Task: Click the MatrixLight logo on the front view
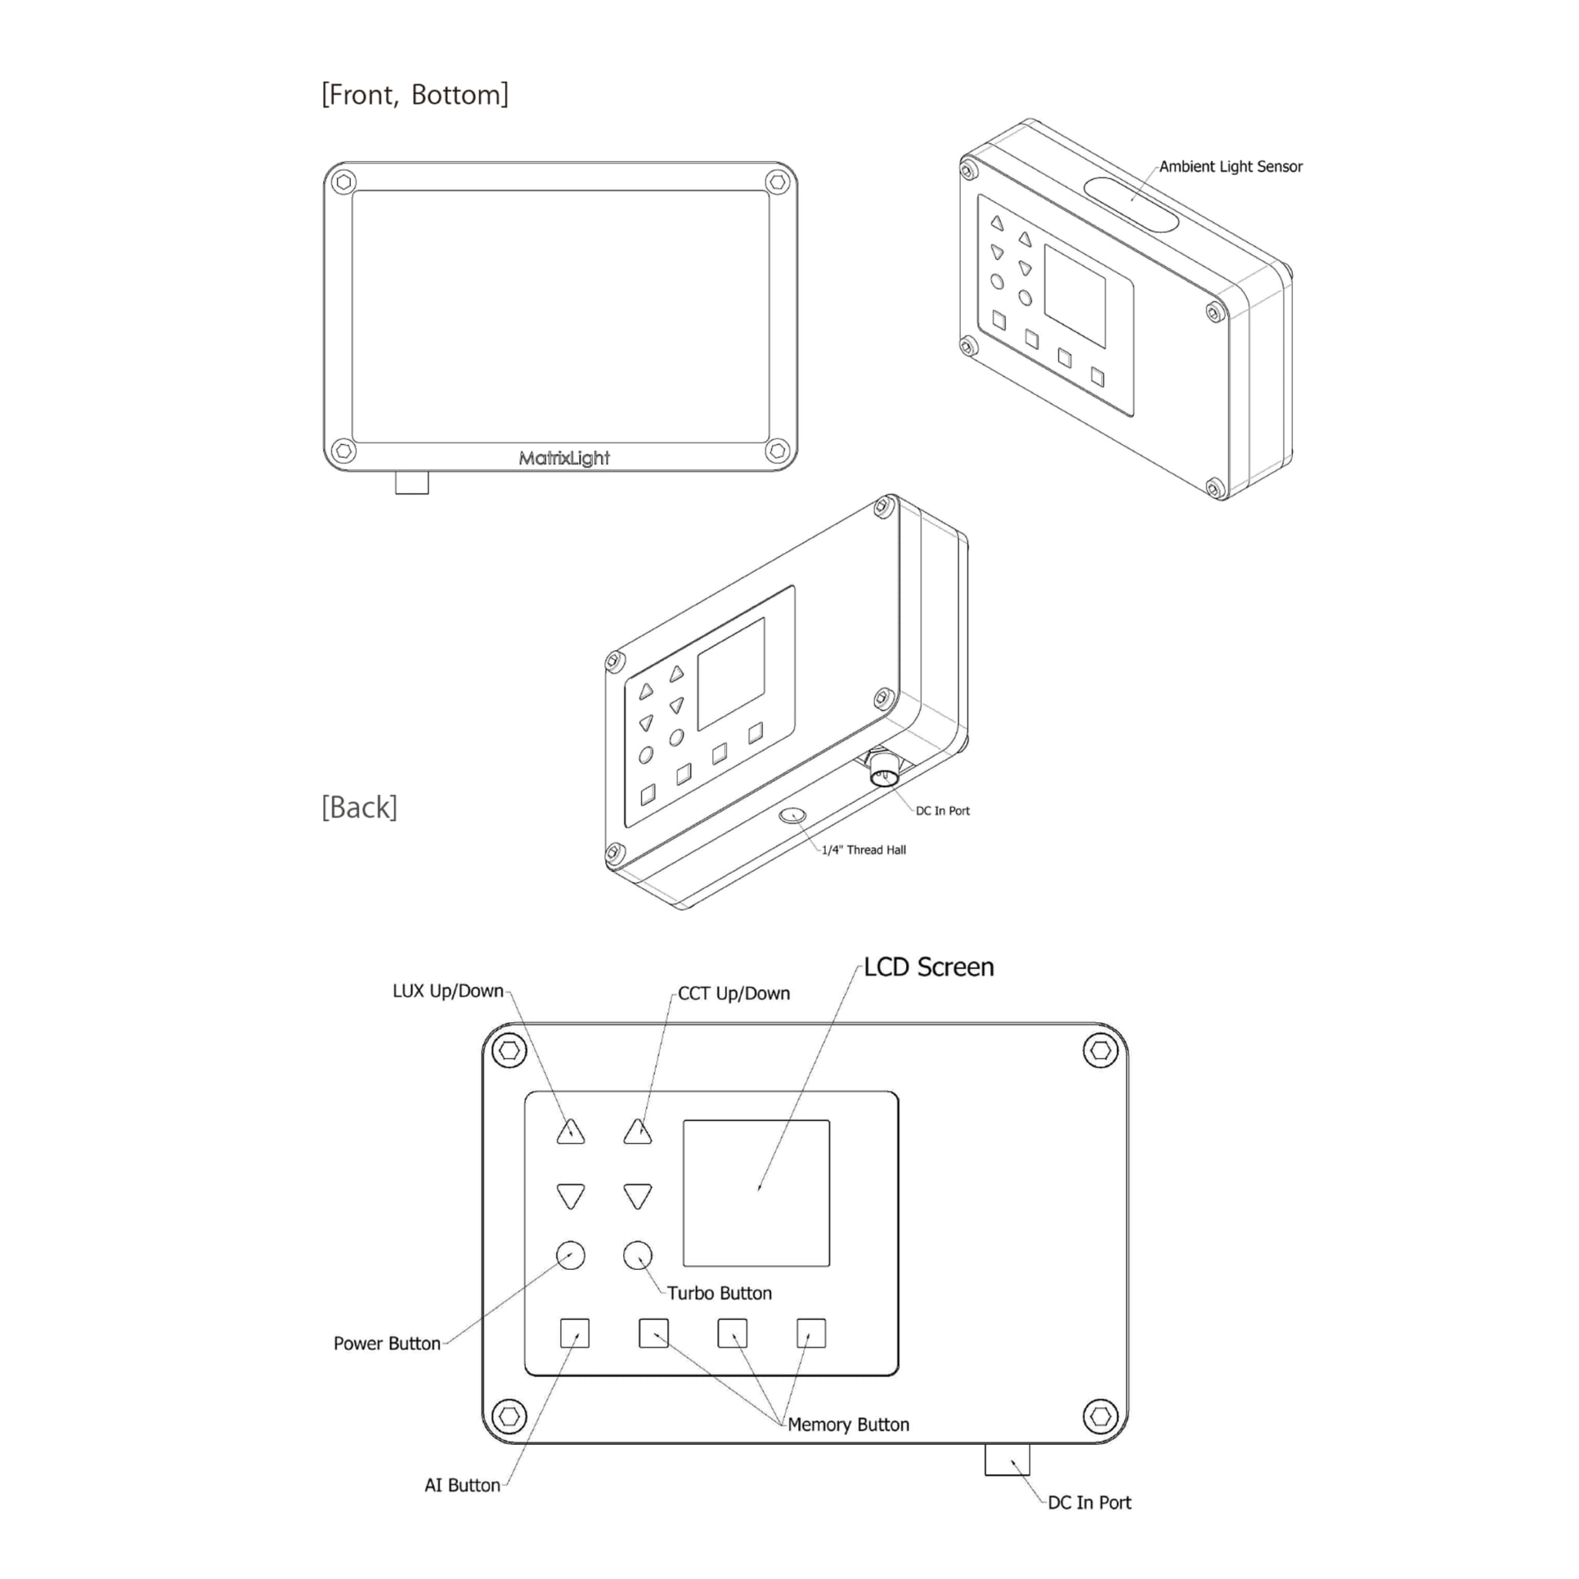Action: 564,459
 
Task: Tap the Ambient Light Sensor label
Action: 1231,167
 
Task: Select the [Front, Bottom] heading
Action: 416,95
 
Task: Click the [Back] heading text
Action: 359,807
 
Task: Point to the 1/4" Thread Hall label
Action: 864,850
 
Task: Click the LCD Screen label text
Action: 929,967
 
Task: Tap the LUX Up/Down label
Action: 448,992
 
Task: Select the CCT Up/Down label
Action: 734,994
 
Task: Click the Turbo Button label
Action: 719,1293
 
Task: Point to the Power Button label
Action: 386,1344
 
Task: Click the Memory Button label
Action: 848,1425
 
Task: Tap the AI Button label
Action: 463,1485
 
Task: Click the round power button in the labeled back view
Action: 571,1254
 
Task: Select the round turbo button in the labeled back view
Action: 638,1254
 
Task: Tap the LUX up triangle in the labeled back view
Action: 571,1133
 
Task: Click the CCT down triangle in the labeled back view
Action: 638,1196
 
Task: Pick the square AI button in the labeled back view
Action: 574,1333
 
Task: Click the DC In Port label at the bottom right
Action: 1089,1502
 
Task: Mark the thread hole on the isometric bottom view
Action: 793,815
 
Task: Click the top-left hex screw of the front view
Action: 344,181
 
